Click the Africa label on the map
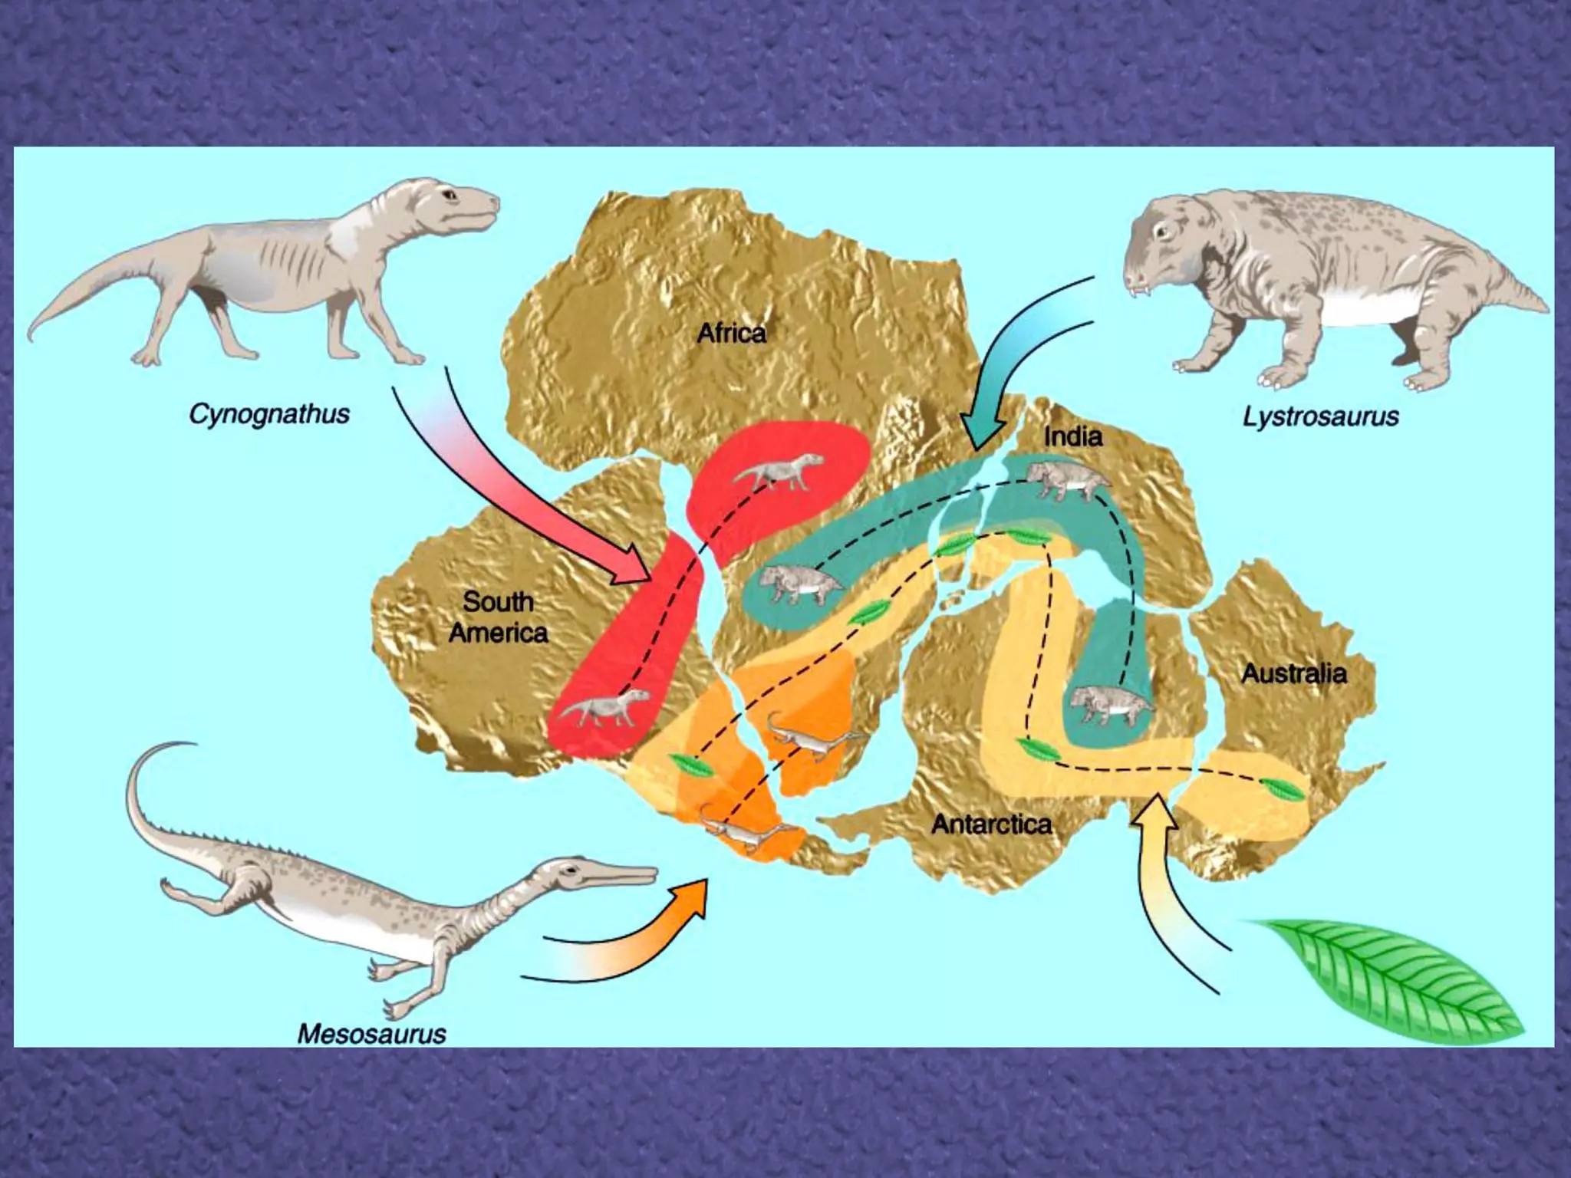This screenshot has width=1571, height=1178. click(731, 334)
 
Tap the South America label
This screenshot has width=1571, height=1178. click(498, 617)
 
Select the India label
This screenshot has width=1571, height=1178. click(1073, 437)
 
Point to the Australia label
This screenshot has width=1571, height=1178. click(1294, 673)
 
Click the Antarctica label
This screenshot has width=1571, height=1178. click(991, 824)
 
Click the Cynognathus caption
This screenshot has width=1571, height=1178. click(268, 415)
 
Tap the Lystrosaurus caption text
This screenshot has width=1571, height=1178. click(1320, 417)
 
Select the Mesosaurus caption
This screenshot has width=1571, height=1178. click(371, 1034)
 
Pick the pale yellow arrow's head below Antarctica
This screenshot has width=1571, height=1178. click(1154, 819)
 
